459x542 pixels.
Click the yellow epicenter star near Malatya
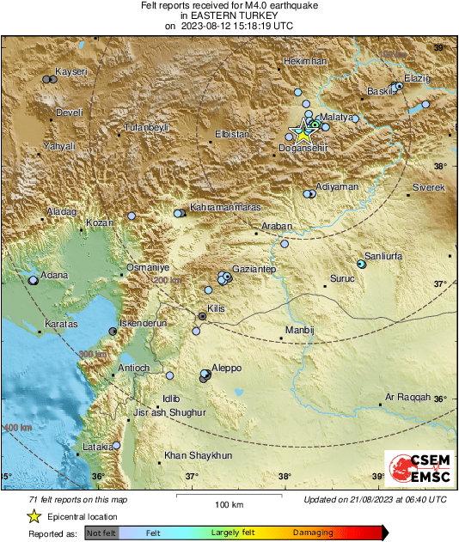pyautogui.click(x=302, y=133)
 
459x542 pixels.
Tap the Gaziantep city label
pyautogui.click(x=254, y=270)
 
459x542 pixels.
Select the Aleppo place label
pyautogui.click(x=226, y=368)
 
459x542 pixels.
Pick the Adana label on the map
pyautogui.click(x=54, y=275)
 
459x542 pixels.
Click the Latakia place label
pyautogui.click(x=96, y=447)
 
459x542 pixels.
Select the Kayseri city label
pyautogui.click(x=70, y=71)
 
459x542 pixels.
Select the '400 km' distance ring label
pyautogui.click(x=17, y=427)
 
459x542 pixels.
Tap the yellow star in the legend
pyautogui.click(x=33, y=516)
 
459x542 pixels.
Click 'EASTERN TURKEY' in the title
pyautogui.click(x=229, y=15)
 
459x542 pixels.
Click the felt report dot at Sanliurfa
pyautogui.click(x=361, y=265)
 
